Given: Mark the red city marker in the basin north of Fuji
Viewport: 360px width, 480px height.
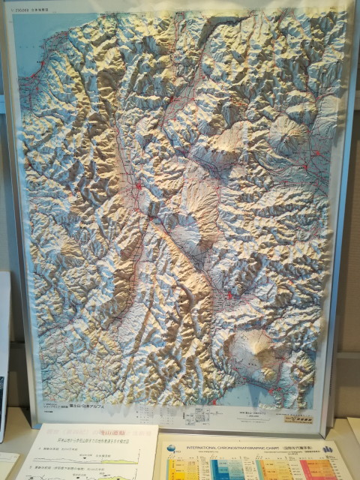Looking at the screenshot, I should [x=227, y=298].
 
